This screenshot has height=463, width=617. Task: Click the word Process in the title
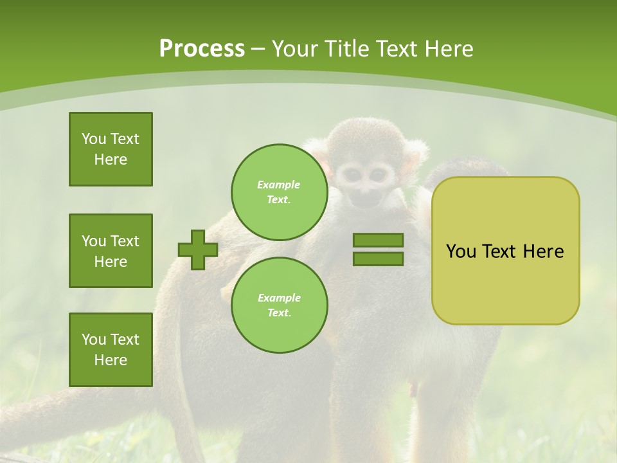tap(202, 48)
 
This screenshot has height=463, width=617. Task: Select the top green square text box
tap(111, 149)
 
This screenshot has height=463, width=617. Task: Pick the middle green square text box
tap(111, 251)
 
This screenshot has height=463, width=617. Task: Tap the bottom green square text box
tap(111, 350)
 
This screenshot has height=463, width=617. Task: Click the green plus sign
tap(198, 250)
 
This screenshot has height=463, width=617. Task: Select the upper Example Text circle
tap(279, 192)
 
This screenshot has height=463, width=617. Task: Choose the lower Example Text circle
tap(279, 305)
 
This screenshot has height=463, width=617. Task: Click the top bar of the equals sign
tap(378, 241)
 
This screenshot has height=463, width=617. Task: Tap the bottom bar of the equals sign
tap(378, 259)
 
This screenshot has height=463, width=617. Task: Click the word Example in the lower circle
tap(279, 298)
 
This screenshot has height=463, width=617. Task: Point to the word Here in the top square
tap(111, 159)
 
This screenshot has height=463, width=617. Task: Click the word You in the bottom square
tap(94, 340)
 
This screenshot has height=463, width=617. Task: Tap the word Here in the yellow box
tap(543, 251)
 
